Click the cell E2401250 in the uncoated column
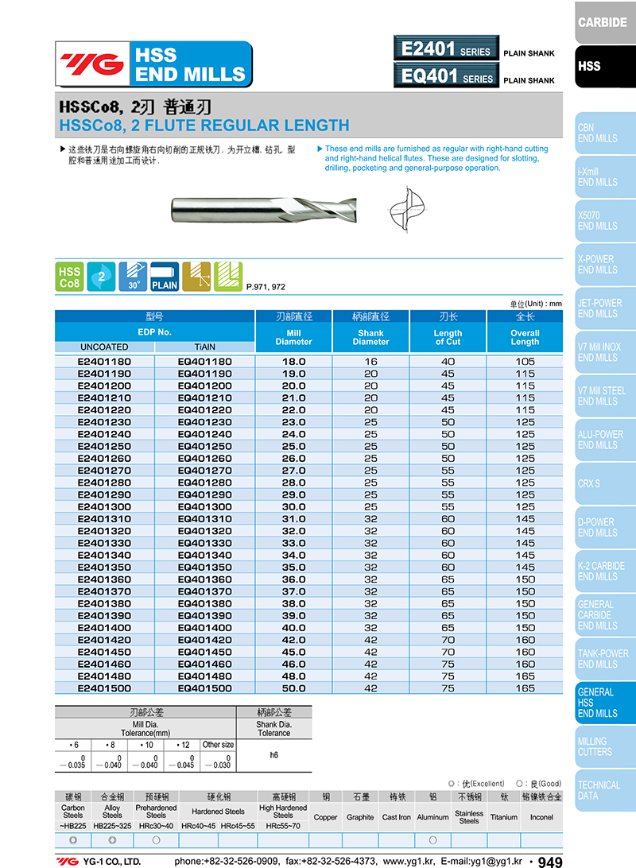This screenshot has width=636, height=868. pos(104,447)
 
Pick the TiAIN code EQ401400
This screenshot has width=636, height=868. pos(205,628)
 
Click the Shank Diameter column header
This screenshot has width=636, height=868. pos(370,337)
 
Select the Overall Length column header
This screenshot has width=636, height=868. pos(525,337)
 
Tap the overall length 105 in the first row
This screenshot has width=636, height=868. pos(525,362)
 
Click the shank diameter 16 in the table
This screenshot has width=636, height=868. pos(370,362)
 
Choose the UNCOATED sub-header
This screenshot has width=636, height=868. pos(104,347)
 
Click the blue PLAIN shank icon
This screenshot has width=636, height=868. pos(165,276)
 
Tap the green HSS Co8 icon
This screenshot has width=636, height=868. pos(70,276)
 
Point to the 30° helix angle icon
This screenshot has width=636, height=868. pos(133,276)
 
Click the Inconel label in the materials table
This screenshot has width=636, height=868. pos(541,817)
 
